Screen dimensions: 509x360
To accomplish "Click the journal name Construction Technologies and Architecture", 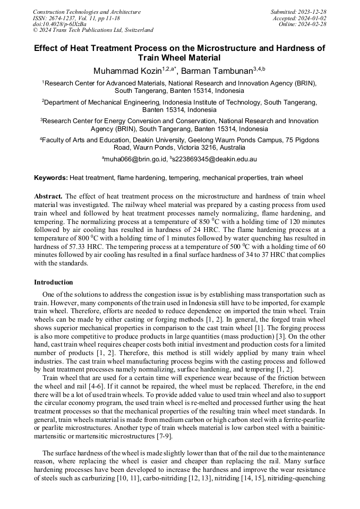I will click(87, 12).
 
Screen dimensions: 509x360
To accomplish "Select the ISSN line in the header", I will click(76, 18).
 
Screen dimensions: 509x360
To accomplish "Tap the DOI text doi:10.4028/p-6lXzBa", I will click(59, 24).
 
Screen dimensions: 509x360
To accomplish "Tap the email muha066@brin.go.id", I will click(135, 159).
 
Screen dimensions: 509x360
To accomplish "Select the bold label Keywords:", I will click(51, 178).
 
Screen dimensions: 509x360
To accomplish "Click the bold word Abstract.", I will click(48, 196).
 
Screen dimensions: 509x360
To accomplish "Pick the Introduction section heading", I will click(54, 282).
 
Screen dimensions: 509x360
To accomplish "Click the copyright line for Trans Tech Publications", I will click(93, 30).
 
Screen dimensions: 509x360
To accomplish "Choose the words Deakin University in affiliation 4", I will click(154, 140).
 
